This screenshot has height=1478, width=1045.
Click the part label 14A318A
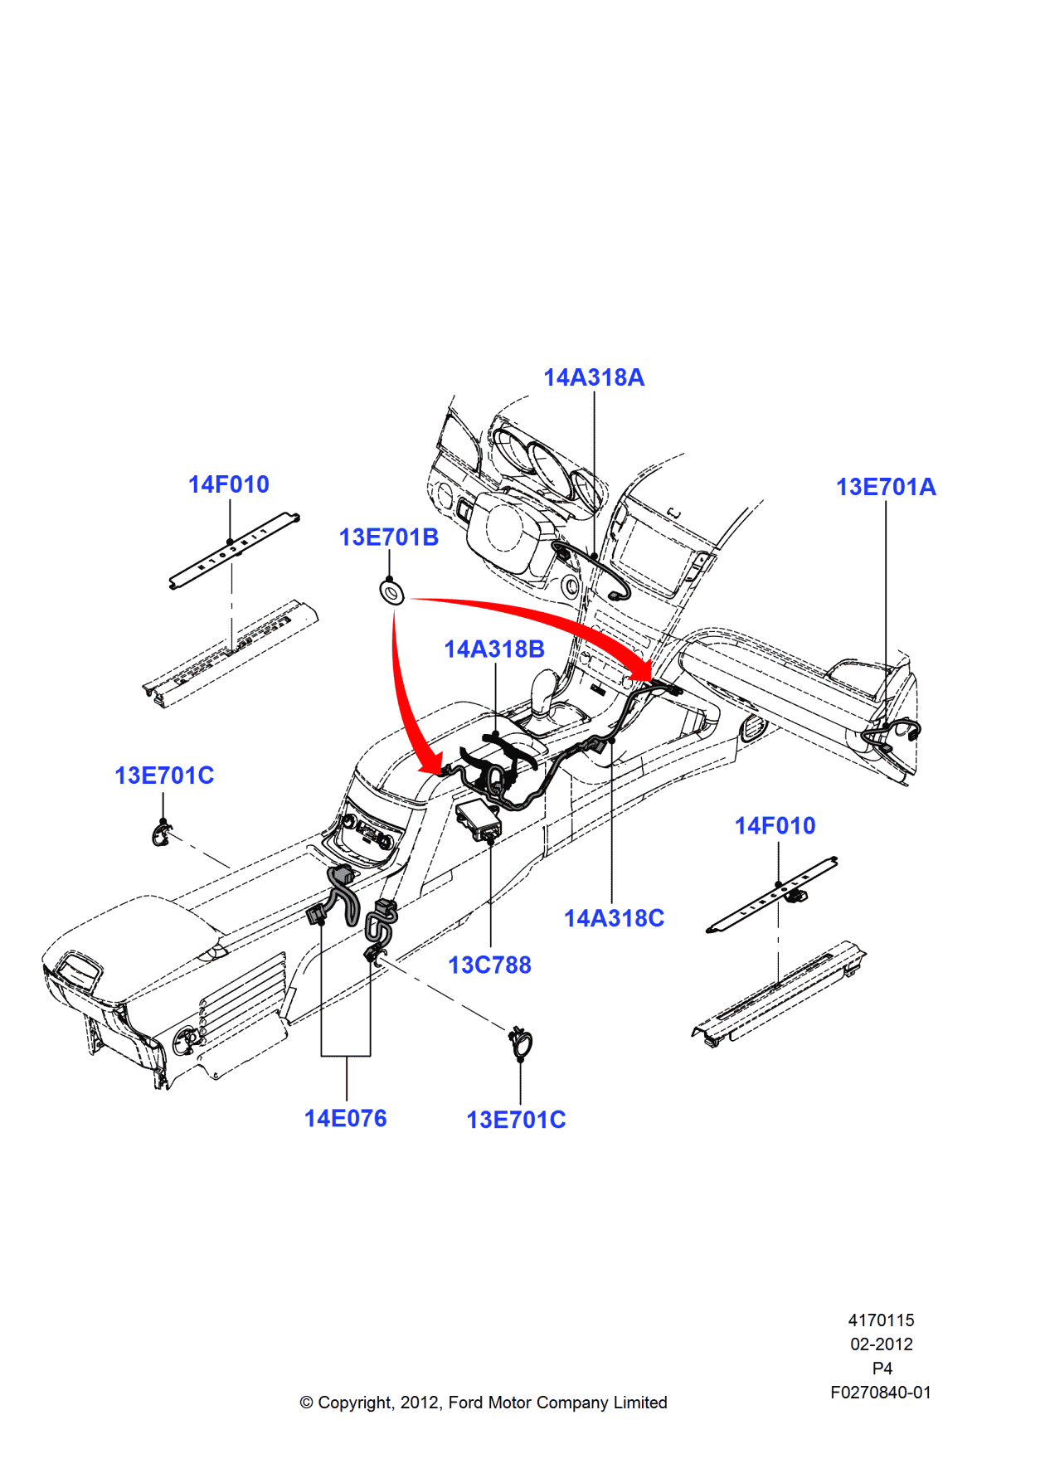[593, 377]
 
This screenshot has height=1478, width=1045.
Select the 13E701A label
[885, 487]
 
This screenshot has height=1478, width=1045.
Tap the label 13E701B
[388, 537]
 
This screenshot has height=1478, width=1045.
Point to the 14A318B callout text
[493, 649]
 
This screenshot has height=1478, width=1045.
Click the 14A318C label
[614, 918]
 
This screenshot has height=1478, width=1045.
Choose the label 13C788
[489, 965]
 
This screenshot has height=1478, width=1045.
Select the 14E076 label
[345, 1118]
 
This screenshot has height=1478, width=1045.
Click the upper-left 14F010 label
[228, 484]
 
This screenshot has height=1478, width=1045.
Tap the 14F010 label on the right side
[775, 825]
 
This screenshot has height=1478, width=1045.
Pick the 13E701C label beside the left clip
[164, 775]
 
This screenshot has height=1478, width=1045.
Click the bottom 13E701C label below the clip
[516, 1120]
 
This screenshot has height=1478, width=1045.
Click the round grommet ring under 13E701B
[392, 592]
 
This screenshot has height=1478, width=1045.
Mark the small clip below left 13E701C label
[161, 834]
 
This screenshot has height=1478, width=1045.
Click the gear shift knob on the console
[545, 685]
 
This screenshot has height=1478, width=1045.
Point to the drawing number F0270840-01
[880, 1393]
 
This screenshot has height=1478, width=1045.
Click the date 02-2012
[881, 1344]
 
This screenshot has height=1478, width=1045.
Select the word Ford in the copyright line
[466, 1403]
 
